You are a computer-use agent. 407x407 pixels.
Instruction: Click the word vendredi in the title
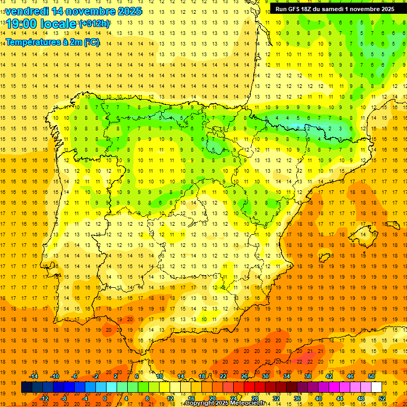pyautogui.click(x=26, y=11)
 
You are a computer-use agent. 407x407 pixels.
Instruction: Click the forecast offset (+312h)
pyautogui.click(x=94, y=24)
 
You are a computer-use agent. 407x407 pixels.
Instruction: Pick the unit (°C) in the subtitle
pyautogui.click(x=91, y=42)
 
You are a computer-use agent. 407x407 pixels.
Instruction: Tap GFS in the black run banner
pyautogui.click(x=295, y=9)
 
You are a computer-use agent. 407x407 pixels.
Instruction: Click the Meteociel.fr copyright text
pyautogui.click(x=228, y=403)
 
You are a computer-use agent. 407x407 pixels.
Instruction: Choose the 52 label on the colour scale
pyautogui.click(x=383, y=399)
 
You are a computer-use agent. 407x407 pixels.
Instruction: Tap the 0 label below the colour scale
pyautogui.click(x=105, y=399)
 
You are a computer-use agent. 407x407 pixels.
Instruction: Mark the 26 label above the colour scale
pyautogui.click(x=244, y=376)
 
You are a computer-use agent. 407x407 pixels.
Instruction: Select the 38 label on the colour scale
pyautogui.click(x=308, y=376)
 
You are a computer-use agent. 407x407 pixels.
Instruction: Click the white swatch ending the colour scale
pyautogui.click(x=377, y=387)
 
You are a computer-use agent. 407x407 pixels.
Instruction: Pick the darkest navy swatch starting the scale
pyautogui.click(x=26, y=387)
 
